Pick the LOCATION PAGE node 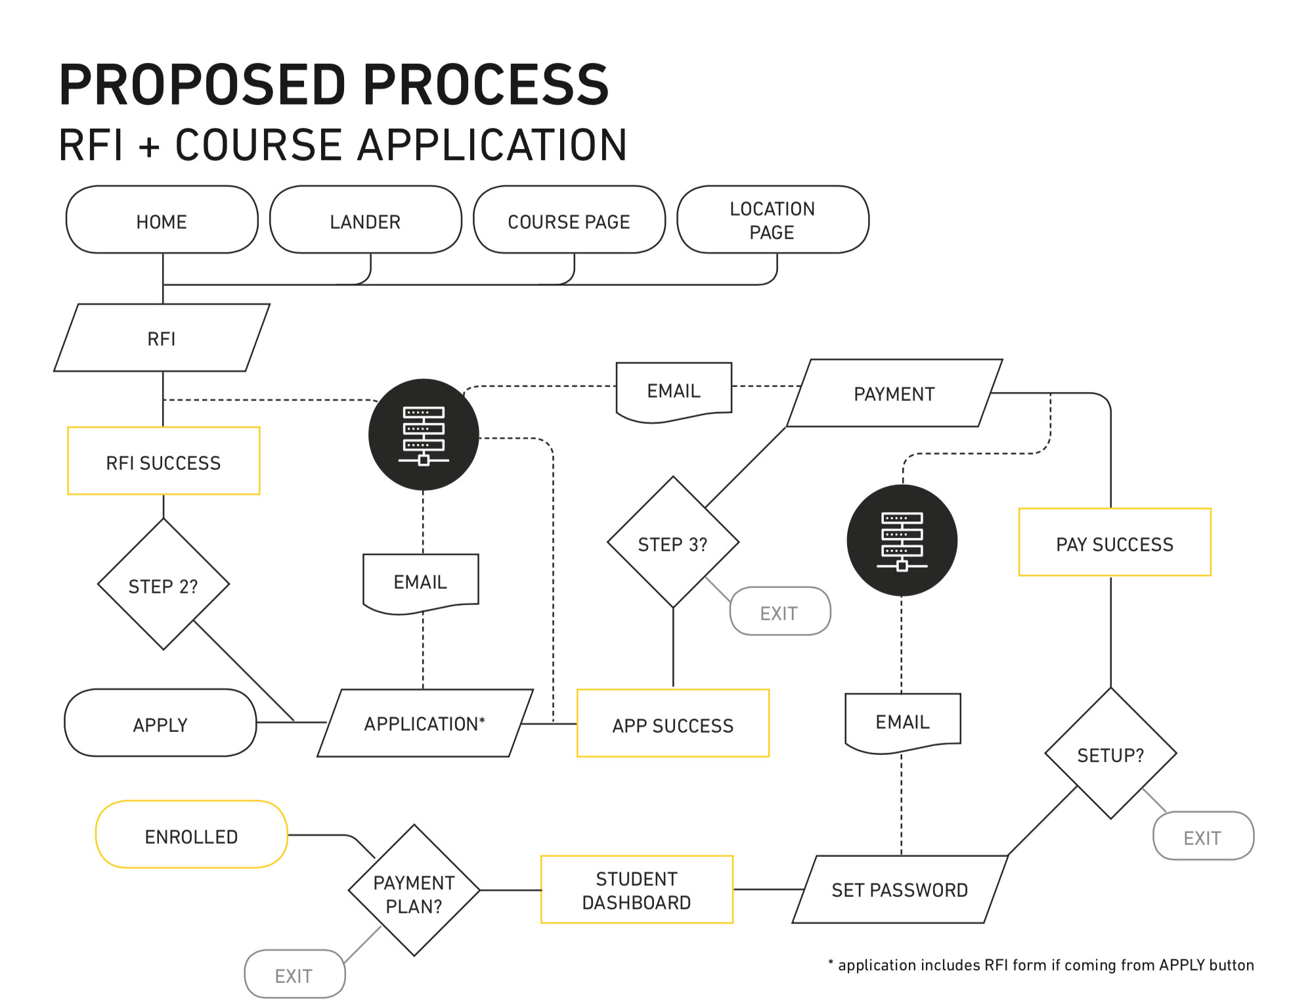tap(772, 220)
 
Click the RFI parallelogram tap(162, 338)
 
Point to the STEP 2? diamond tap(163, 585)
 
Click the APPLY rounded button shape tap(160, 723)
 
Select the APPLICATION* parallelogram tap(425, 723)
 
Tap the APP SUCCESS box tap(672, 724)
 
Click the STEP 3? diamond tap(672, 543)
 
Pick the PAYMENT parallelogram tap(894, 394)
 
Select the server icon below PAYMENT tap(902, 541)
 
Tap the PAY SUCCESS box tap(1114, 543)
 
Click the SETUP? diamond tap(1110, 754)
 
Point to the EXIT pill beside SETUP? tap(1203, 836)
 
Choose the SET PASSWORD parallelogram tap(900, 890)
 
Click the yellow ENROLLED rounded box tap(191, 835)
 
